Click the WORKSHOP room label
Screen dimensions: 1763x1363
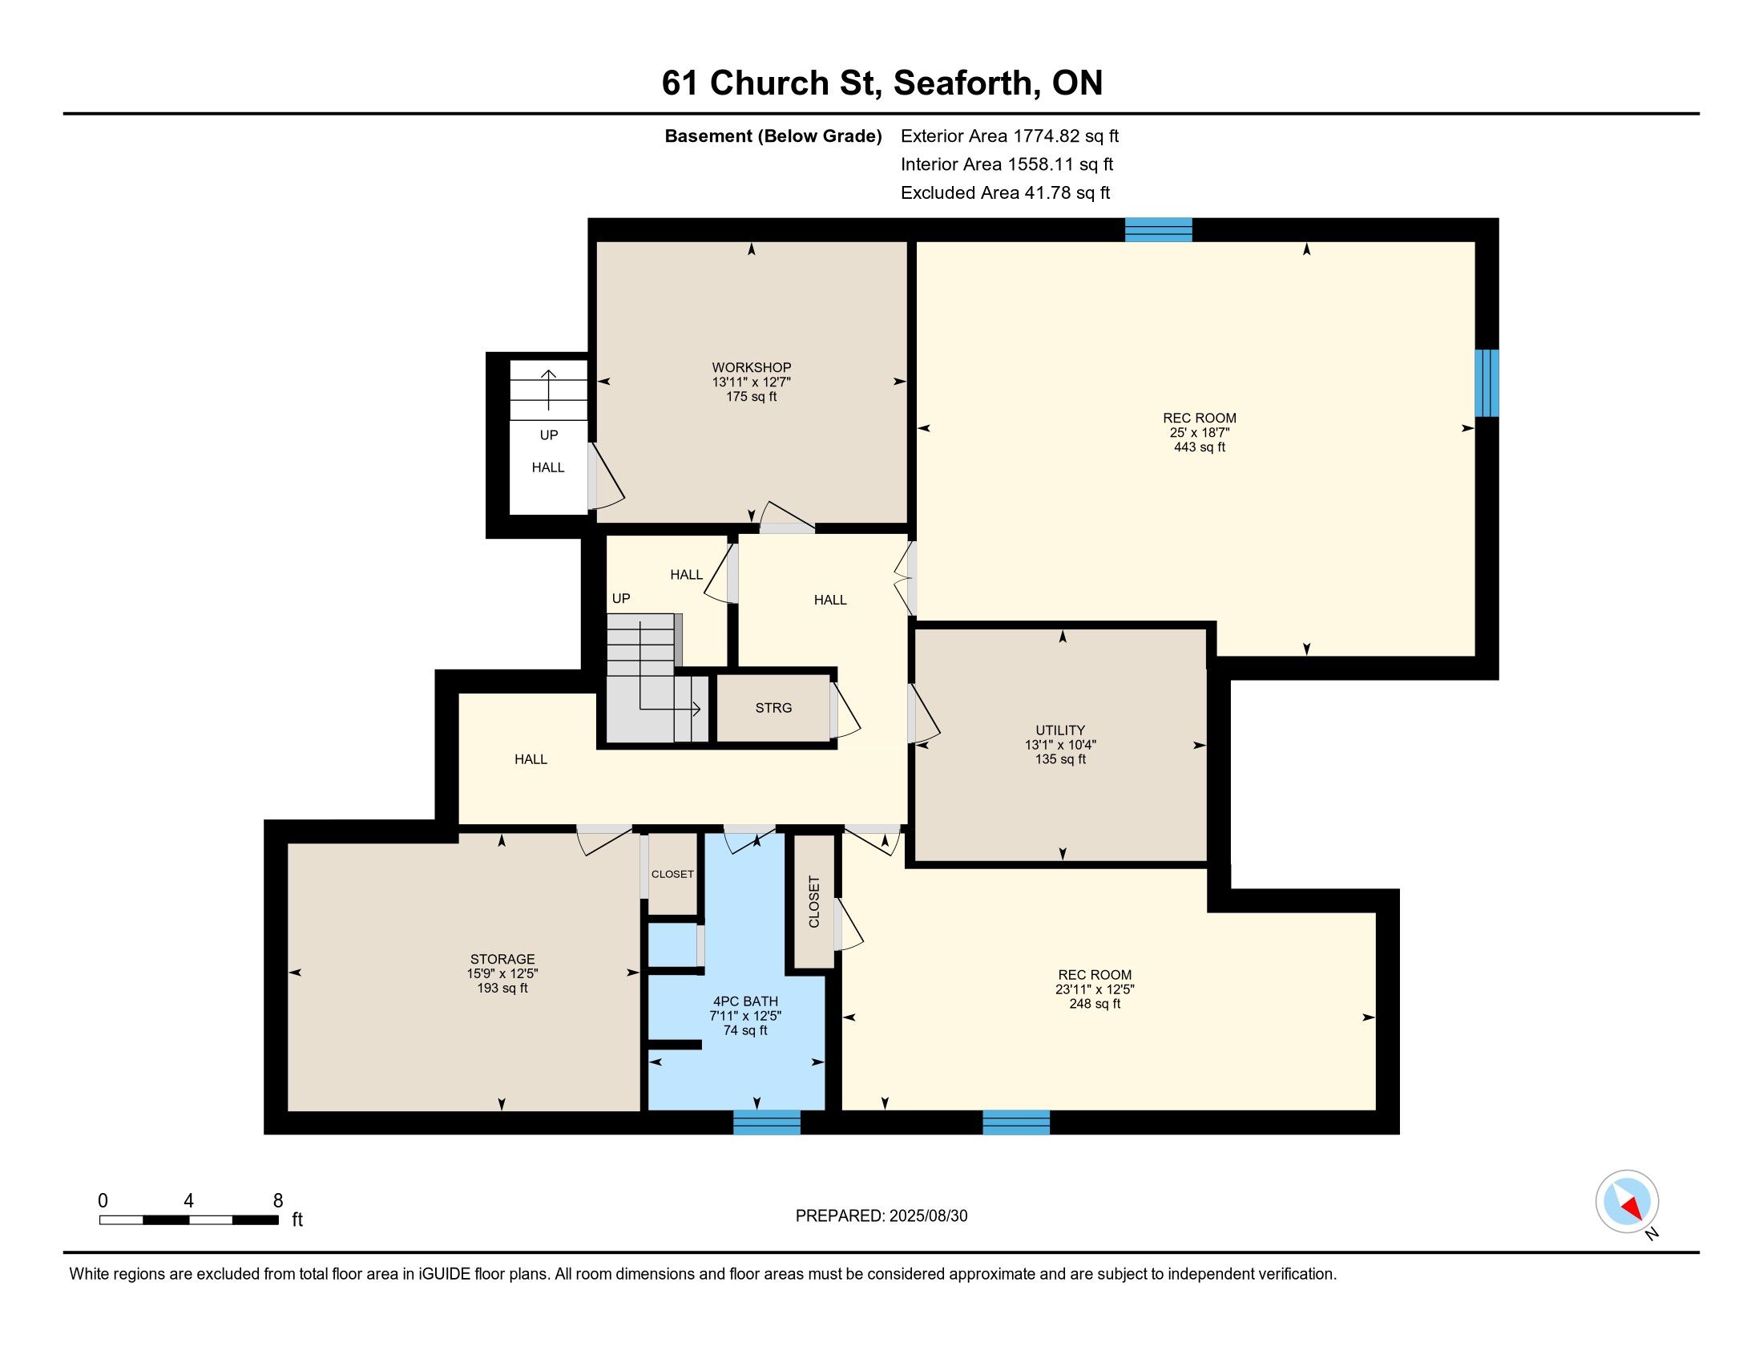(751, 367)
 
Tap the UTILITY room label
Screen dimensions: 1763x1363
(1060, 730)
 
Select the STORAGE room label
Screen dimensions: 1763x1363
(502, 959)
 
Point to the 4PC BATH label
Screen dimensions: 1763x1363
(745, 1001)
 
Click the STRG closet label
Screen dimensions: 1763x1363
(773, 708)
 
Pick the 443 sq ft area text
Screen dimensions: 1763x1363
(1200, 447)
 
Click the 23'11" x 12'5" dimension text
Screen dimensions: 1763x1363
(1095, 989)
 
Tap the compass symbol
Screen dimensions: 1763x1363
(1628, 1201)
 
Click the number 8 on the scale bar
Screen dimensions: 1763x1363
(278, 1200)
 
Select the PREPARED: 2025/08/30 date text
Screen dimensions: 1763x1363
(881, 1216)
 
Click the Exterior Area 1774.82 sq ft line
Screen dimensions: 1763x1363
(1010, 135)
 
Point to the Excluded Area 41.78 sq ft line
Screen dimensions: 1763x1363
(1006, 192)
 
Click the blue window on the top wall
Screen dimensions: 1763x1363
(1159, 230)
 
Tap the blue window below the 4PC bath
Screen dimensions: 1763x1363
(767, 1122)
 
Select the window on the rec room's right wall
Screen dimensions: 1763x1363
(1487, 382)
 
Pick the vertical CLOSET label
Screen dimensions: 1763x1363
(813, 901)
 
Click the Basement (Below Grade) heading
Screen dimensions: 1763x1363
(773, 135)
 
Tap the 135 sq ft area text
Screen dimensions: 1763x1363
(1060, 759)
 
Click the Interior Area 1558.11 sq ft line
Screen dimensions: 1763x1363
(1007, 164)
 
